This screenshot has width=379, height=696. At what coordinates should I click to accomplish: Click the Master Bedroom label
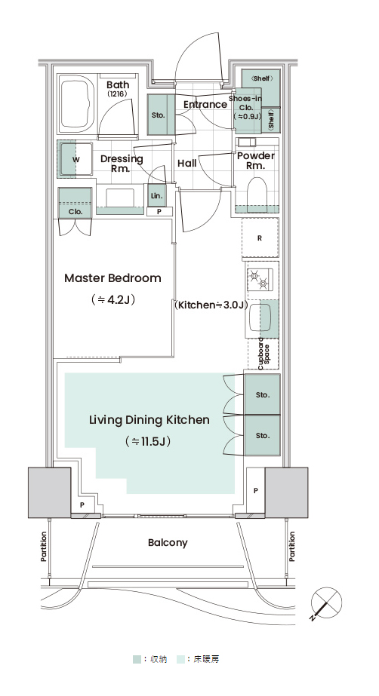(x=112, y=278)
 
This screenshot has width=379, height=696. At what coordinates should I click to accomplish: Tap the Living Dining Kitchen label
(x=149, y=420)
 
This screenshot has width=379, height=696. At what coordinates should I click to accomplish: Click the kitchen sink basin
(x=260, y=317)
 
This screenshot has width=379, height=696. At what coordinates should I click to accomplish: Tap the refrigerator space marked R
(x=260, y=238)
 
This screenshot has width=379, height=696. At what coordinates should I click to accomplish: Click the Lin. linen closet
(x=156, y=196)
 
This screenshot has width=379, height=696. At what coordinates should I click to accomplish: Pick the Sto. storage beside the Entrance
(x=158, y=115)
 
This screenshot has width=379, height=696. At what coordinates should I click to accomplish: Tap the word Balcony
(x=168, y=543)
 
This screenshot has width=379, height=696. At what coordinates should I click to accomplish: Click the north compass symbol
(x=326, y=602)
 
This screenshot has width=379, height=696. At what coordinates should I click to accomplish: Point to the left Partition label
(x=44, y=547)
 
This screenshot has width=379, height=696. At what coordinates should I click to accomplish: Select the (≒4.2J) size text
(x=112, y=299)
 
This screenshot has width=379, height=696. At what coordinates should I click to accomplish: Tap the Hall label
(x=187, y=164)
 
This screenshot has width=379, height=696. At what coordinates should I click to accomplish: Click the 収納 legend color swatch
(x=137, y=659)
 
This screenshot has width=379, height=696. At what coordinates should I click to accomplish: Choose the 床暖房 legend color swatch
(x=180, y=659)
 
